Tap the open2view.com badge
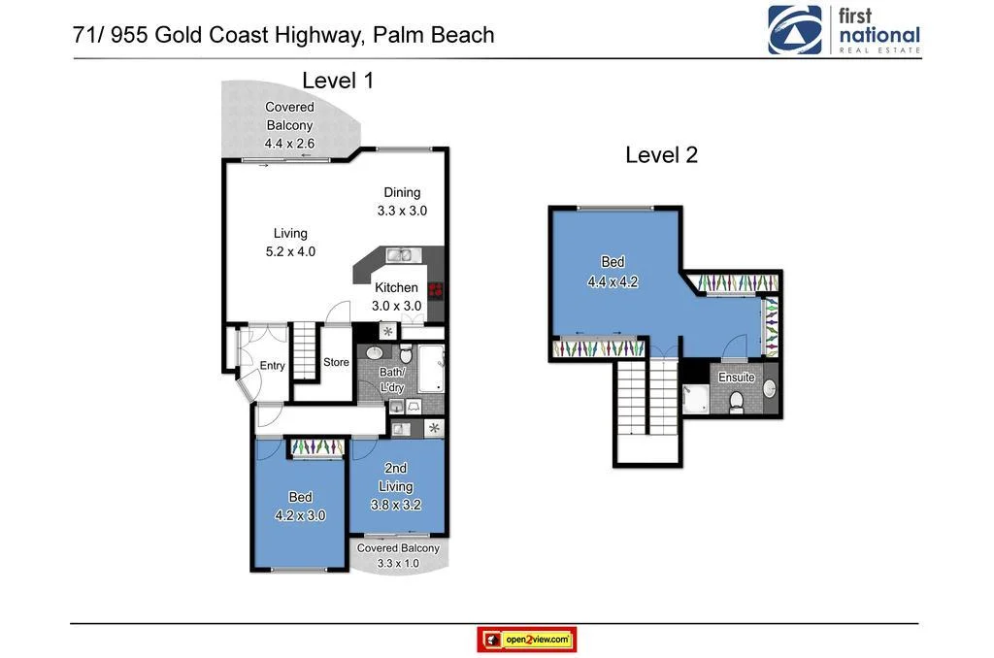[x=527, y=640]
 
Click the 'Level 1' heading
[x=338, y=81]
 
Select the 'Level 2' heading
[x=661, y=154]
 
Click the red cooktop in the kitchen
[x=435, y=288]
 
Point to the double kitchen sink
[x=399, y=256]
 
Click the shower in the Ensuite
[x=695, y=399]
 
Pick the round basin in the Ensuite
[x=770, y=389]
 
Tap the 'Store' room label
[x=336, y=363]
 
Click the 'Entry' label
[x=273, y=366]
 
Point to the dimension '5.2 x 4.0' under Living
[x=290, y=251]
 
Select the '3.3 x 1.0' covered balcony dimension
[x=398, y=562]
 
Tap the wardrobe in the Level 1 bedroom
[x=316, y=446]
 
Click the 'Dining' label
[x=402, y=192]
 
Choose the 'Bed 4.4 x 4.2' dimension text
[x=613, y=282]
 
